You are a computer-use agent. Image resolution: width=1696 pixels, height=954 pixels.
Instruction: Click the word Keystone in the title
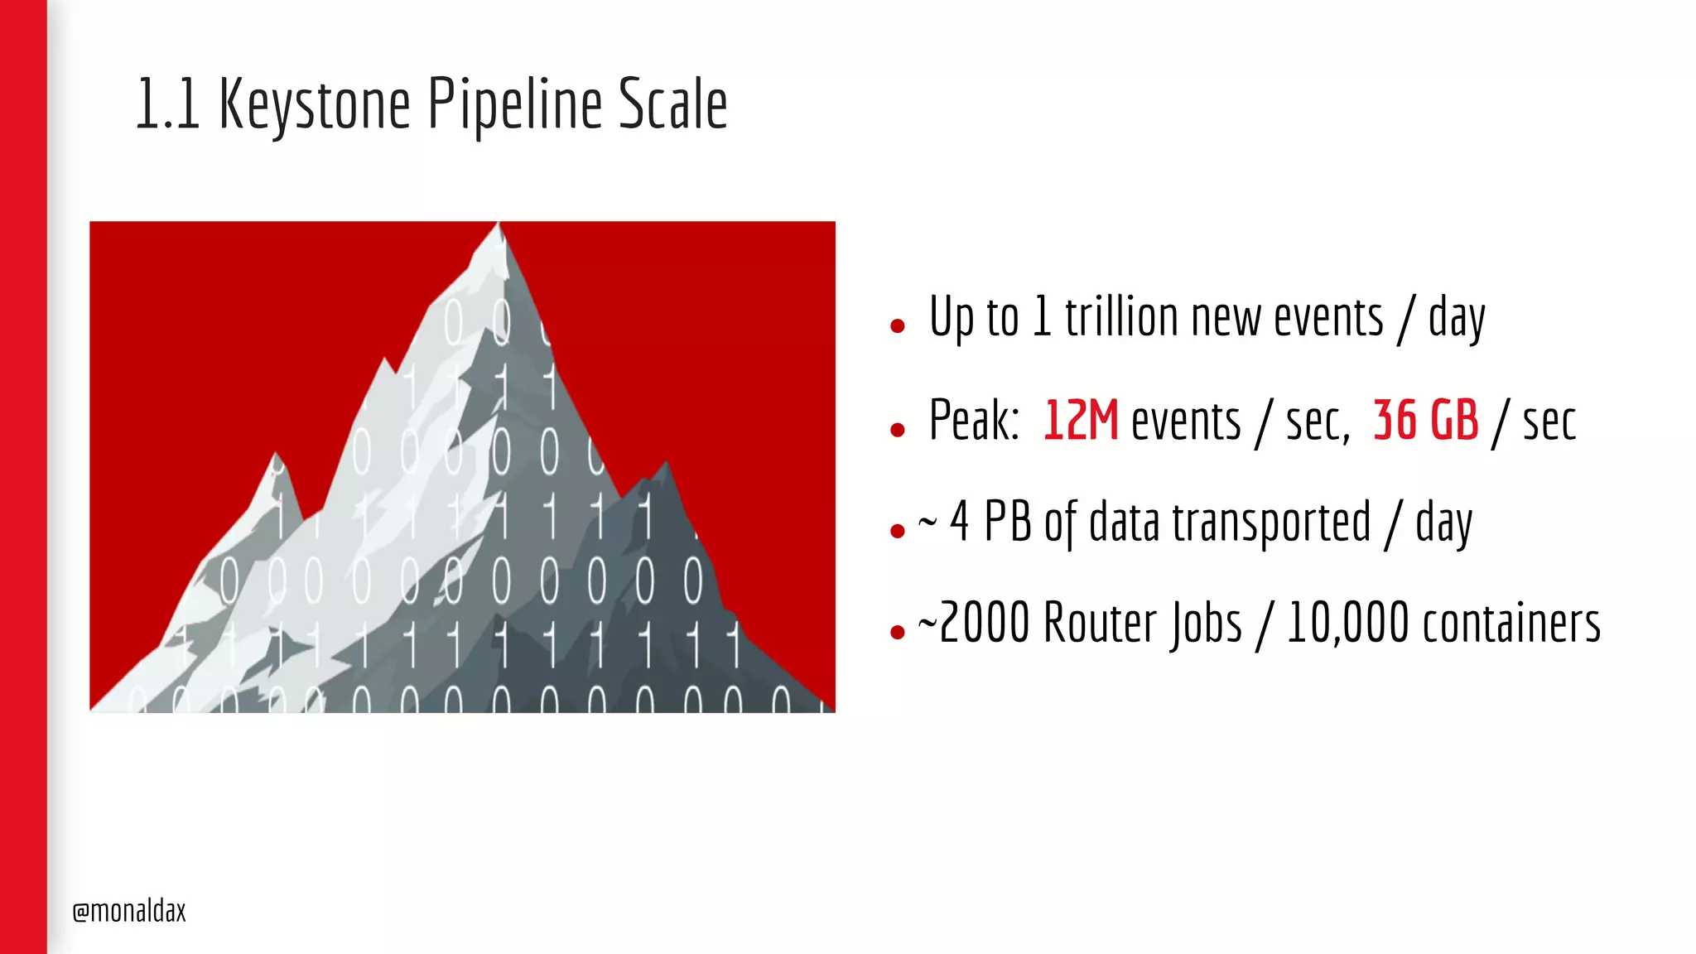[x=315, y=105]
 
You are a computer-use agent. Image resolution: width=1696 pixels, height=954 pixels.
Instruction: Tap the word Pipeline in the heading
[x=514, y=105]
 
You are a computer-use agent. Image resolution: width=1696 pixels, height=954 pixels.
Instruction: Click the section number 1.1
[x=167, y=105]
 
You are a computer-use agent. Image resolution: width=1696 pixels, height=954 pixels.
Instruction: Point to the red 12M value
[x=1080, y=421]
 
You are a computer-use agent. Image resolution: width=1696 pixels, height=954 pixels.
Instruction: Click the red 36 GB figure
[x=1425, y=421]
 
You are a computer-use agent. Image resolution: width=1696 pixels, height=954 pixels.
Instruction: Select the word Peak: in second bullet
[x=974, y=421]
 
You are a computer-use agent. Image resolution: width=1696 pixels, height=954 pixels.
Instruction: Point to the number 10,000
[x=1347, y=623]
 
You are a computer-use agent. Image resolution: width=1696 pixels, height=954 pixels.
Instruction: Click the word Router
[x=1101, y=623]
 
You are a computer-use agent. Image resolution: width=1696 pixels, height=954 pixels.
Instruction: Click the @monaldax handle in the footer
[x=129, y=911]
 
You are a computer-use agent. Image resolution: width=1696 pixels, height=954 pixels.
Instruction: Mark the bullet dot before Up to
[x=897, y=326]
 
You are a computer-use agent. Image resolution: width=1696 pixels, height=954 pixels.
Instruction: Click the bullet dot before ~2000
[x=897, y=633]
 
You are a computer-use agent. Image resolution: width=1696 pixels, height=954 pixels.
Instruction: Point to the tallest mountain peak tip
[x=499, y=224]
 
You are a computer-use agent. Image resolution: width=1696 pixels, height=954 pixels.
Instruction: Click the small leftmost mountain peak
[x=276, y=456]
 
